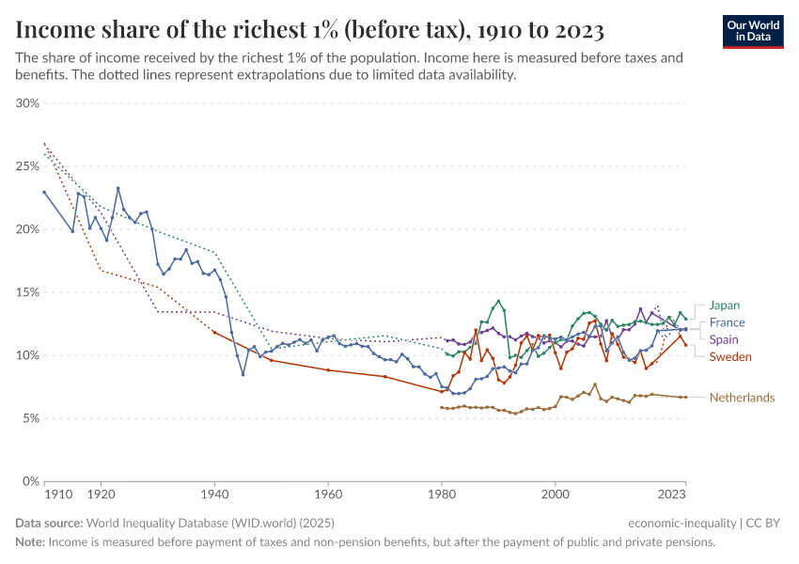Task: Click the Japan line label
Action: (x=724, y=305)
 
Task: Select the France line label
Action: (x=727, y=322)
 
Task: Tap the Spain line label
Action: (x=724, y=339)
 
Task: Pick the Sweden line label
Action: (x=730, y=357)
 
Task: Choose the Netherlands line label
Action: (x=742, y=398)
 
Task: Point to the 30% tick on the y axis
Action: (x=27, y=103)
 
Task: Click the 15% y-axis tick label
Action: (x=27, y=292)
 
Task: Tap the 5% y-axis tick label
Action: (x=30, y=418)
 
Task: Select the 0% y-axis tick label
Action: (x=30, y=481)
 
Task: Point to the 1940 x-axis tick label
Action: (x=214, y=493)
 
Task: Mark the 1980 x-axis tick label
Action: (x=441, y=493)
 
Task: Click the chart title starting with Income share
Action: (x=309, y=30)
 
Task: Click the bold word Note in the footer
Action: (x=29, y=542)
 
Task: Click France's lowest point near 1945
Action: (x=243, y=374)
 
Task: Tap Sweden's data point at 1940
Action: (x=214, y=332)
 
